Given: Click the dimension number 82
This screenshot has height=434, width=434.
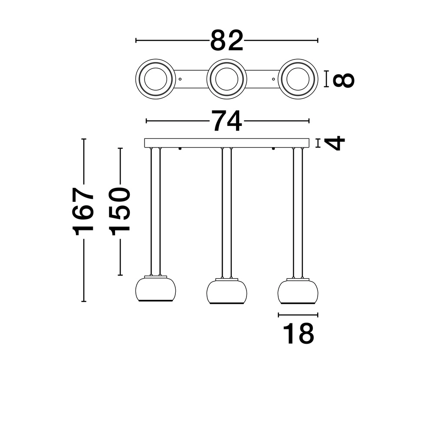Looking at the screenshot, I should click(227, 41).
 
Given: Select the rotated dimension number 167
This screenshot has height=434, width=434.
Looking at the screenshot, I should click(84, 211).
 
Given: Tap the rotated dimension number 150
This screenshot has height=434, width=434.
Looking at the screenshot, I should click(120, 211).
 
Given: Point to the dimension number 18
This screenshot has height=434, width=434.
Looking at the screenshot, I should click(298, 333).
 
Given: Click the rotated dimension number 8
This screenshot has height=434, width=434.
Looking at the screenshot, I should click(343, 79).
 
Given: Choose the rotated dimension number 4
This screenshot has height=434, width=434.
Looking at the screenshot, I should click(335, 143).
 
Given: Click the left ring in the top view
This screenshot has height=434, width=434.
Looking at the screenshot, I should click(155, 79).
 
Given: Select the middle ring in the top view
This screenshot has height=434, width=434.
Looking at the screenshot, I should click(227, 79).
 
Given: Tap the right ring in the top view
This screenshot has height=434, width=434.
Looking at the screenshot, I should click(298, 79).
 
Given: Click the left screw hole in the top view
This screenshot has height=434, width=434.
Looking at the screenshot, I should click(180, 79).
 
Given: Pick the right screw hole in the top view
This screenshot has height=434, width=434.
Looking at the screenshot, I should click(273, 79).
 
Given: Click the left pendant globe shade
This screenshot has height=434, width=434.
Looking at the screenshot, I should click(155, 290).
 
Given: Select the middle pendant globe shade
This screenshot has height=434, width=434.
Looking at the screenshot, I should click(227, 292).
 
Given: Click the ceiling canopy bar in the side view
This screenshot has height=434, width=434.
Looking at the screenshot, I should click(227, 143).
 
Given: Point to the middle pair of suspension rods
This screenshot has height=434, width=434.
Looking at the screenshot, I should click(227, 213).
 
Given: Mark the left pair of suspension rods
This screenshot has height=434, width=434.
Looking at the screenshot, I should click(155, 213).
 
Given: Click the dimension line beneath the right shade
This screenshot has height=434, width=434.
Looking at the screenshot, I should click(298, 315).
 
